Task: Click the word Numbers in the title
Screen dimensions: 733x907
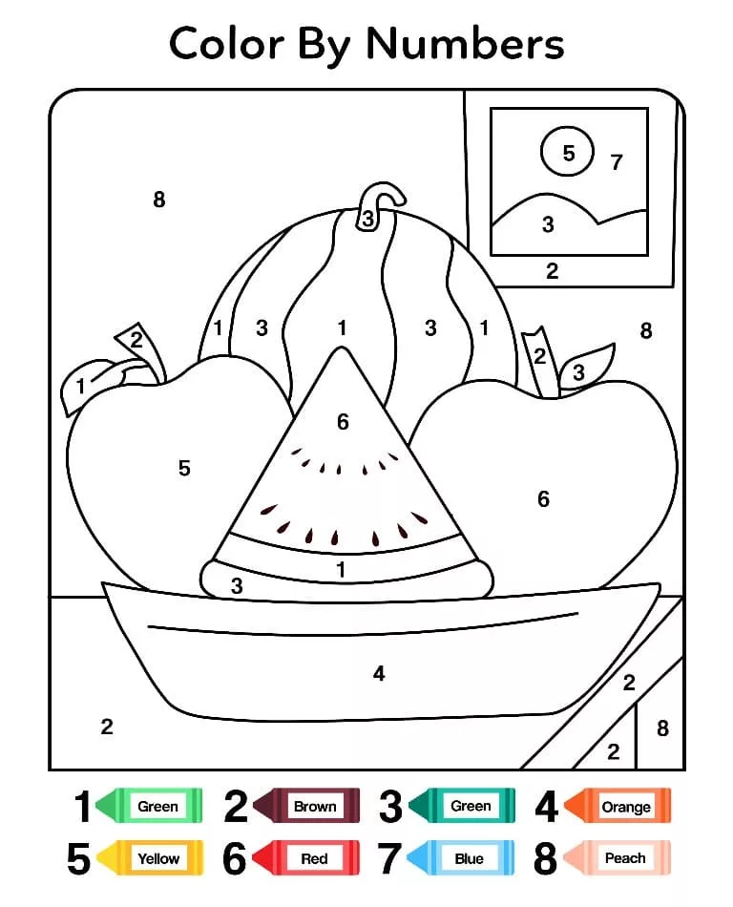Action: (465, 44)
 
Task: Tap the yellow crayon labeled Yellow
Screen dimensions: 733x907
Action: (150, 858)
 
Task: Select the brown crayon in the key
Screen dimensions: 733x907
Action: (306, 805)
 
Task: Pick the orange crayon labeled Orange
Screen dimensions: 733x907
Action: (618, 805)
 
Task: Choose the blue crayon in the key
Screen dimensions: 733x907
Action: (460, 858)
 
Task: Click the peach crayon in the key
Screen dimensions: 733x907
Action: (618, 858)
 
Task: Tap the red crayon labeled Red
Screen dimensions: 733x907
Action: (305, 858)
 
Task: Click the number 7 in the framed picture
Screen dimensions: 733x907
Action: (617, 162)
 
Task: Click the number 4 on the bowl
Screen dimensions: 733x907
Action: (379, 673)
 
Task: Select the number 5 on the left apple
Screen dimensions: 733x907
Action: (184, 468)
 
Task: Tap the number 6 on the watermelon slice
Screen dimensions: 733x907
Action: (343, 422)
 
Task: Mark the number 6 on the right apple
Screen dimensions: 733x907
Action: (543, 498)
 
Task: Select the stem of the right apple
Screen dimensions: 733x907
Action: (540, 362)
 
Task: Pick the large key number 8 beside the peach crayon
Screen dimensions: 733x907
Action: (545, 858)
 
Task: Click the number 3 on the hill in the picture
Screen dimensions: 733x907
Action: (548, 224)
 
